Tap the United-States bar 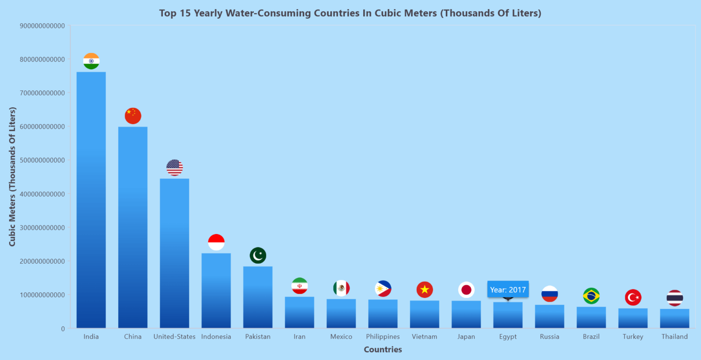click(174, 253)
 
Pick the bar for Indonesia click(216, 291)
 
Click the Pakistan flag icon click(258, 256)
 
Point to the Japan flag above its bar click(466, 290)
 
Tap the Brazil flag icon click(591, 296)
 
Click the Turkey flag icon click(633, 297)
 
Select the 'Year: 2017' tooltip click(508, 290)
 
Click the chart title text click(350, 13)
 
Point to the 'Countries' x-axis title click(383, 350)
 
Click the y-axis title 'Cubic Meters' click(12, 177)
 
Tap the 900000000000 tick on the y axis click(42, 26)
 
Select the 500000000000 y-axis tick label click(42, 161)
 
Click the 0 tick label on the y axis click(63, 329)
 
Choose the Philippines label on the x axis click(383, 337)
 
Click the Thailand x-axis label click(675, 337)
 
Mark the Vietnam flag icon click(424, 290)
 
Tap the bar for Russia click(549, 317)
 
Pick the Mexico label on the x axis click(341, 337)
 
